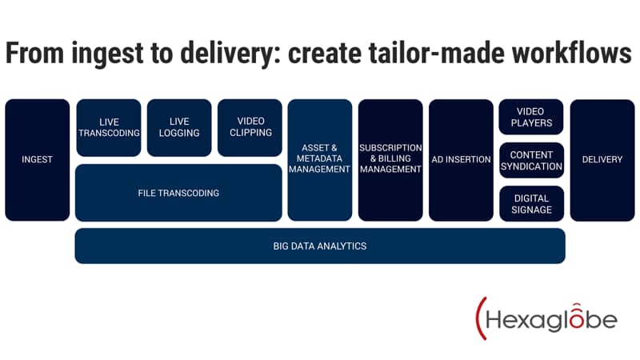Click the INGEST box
coord(37,160)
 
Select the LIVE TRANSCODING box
coord(109,128)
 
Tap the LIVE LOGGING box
coord(179,128)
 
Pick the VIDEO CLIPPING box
coord(250,128)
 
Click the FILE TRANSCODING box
coord(178,193)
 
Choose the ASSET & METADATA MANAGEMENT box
coord(319,160)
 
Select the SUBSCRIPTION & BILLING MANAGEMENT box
coord(390,160)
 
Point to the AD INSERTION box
coord(461,160)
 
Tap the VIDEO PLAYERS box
coord(531,117)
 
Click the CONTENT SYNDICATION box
coord(531,161)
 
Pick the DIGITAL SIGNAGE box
coord(531,204)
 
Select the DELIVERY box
coord(602,160)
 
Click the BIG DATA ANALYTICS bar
coord(320,246)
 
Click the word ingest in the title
coord(108,54)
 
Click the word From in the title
coord(34,53)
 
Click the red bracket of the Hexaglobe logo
coord(480,318)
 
